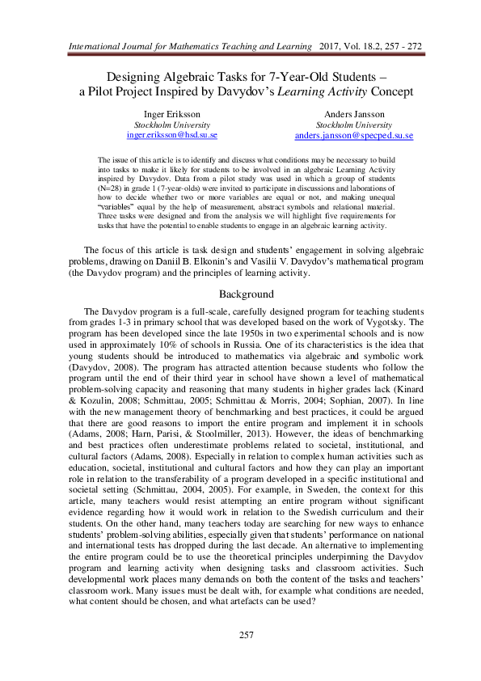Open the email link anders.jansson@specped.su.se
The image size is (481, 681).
(353, 136)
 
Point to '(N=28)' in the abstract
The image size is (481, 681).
(112, 185)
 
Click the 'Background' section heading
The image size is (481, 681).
(240, 271)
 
